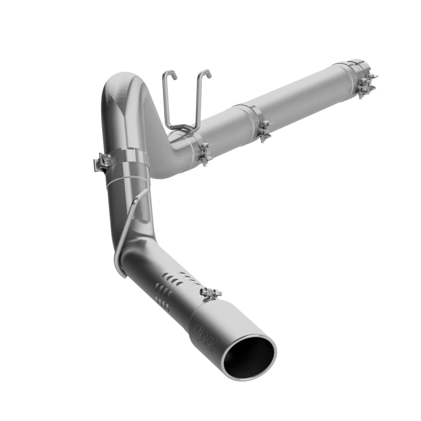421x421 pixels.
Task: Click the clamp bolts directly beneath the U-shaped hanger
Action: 204,154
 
